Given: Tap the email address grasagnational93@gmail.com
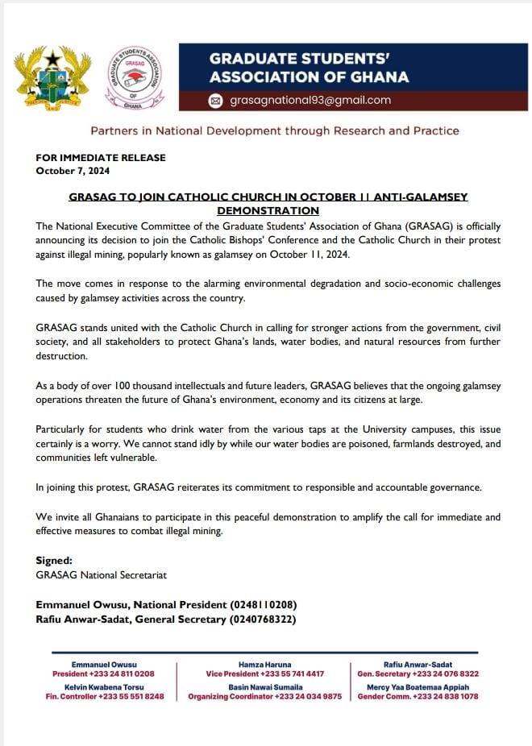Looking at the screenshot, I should click(x=310, y=101).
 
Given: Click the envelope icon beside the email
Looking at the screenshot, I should click(x=215, y=101).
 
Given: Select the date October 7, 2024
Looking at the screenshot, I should click(x=73, y=171).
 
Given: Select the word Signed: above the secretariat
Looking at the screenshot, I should click(x=54, y=560).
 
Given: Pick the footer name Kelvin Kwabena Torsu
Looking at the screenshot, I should click(x=105, y=686).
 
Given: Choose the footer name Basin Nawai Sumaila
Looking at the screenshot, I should click(x=265, y=686).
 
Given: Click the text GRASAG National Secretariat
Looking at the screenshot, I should click(x=101, y=575).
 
